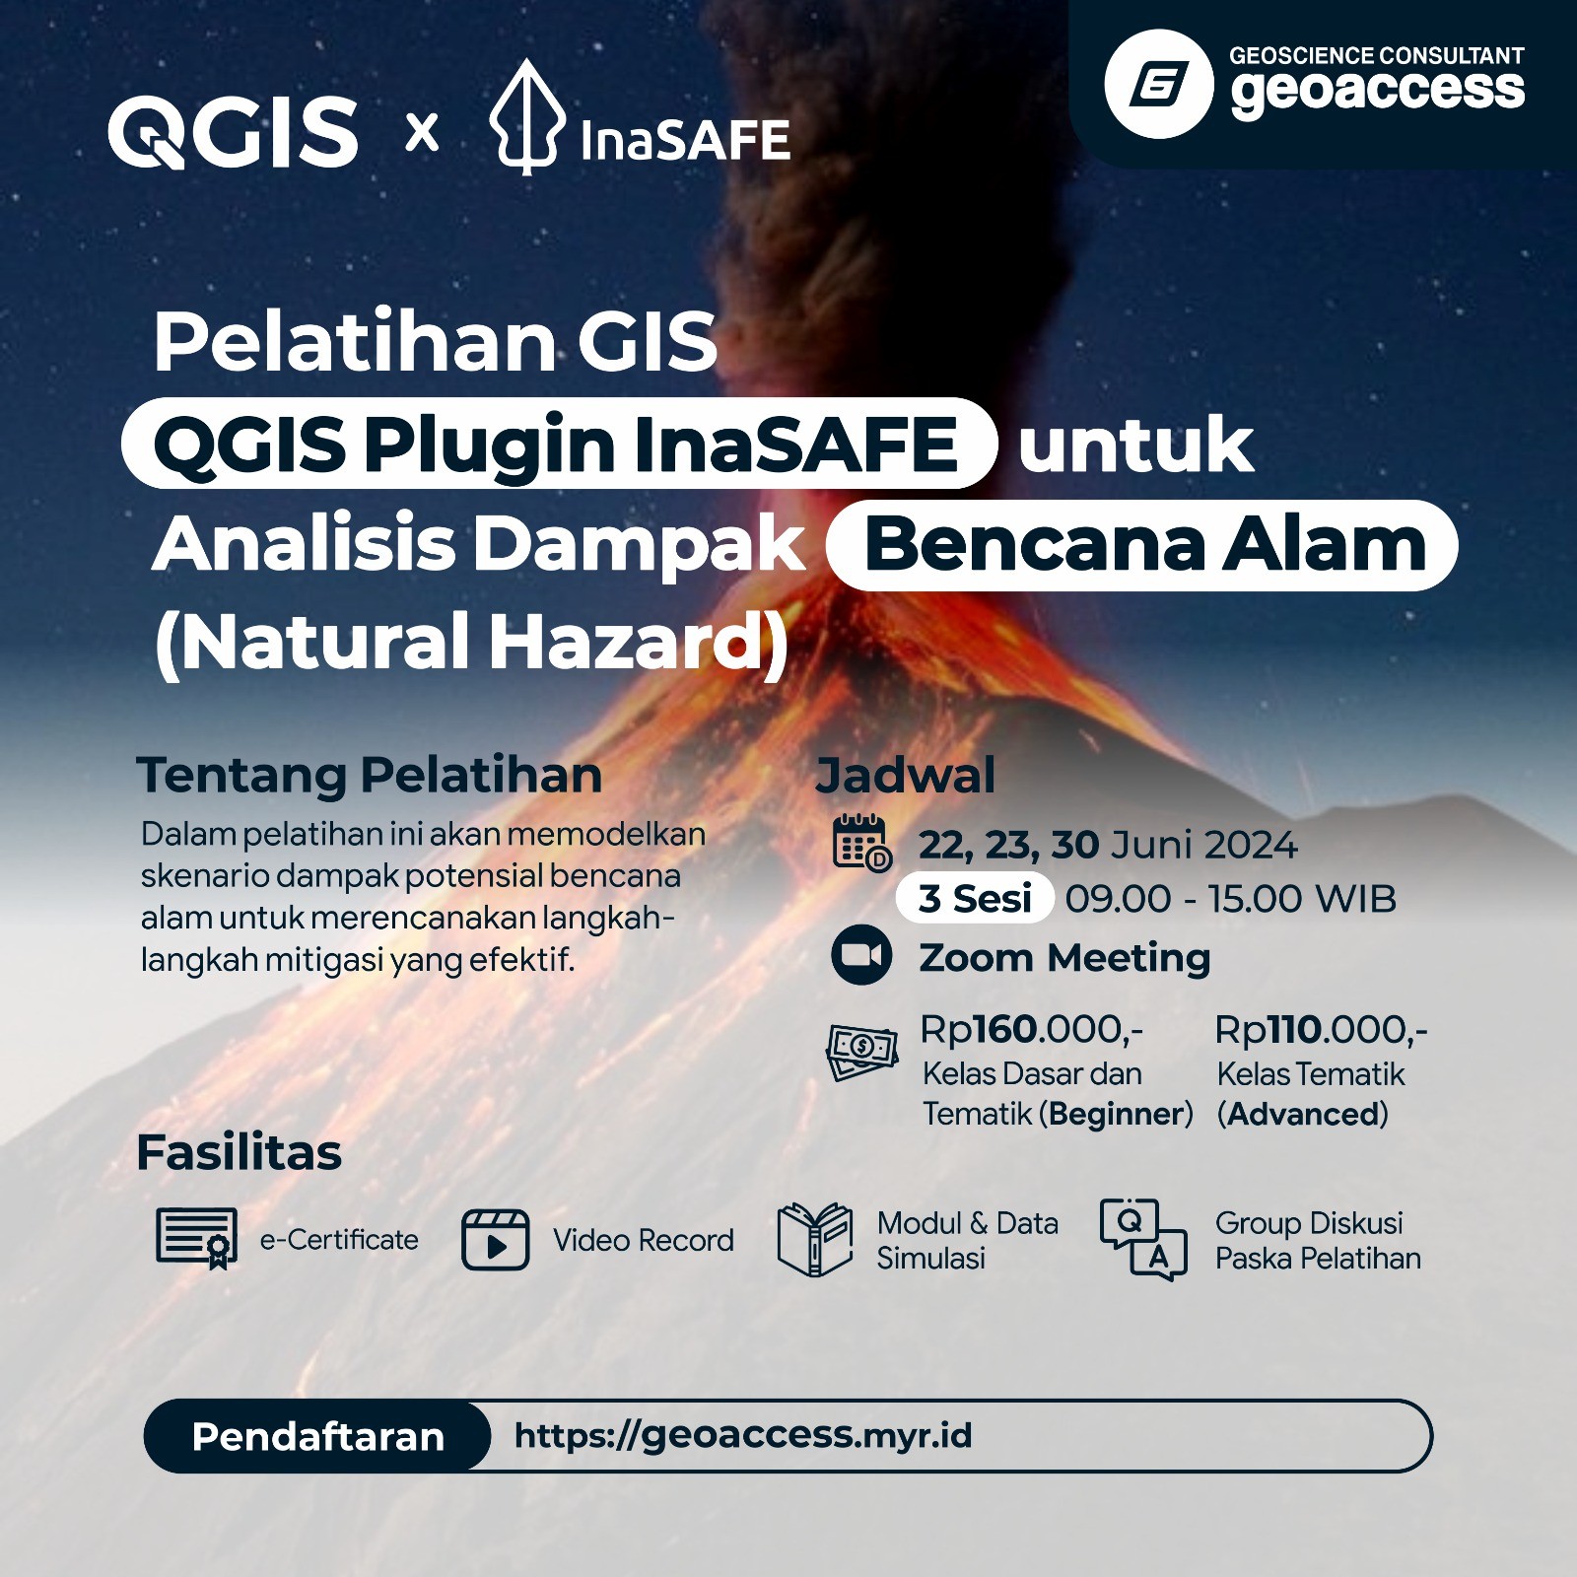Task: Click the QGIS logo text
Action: [x=233, y=132]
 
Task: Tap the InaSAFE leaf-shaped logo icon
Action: [x=527, y=118]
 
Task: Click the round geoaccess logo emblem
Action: [x=1158, y=84]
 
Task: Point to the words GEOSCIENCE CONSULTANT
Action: [x=1376, y=56]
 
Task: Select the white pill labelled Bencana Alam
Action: [x=1141, y=545]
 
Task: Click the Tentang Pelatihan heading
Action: [x=369, y=775]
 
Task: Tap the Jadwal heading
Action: [x=905, y=776]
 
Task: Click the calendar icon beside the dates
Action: [x=861, y=843]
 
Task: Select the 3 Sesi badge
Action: [x=974, y=899]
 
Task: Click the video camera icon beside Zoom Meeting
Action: [x=861, y=955]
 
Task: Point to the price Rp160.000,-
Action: [x=1031, y=1030]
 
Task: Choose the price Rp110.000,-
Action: [x=1321, y=1030]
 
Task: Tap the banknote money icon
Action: [x=861, y=1052]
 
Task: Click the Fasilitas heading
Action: [x=239, y=1152]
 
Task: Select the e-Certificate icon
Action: [x=197, y=1238]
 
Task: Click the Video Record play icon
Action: [x=495, y=1240]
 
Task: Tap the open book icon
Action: [x=814, y=1239]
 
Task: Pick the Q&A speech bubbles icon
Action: [x=1143, y=1239]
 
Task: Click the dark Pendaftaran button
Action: [x=317, y=1436]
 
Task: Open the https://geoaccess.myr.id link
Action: [x=743, y=1435]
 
